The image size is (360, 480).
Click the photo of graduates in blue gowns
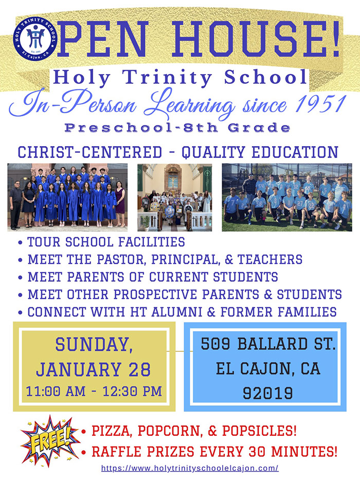point(67,196)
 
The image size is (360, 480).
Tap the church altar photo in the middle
point(175,197)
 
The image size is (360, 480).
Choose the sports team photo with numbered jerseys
point(287,197)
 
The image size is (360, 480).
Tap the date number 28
point(139,369)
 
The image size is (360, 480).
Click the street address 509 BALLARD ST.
point(268,345)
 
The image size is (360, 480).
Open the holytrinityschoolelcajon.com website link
point(190,469)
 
